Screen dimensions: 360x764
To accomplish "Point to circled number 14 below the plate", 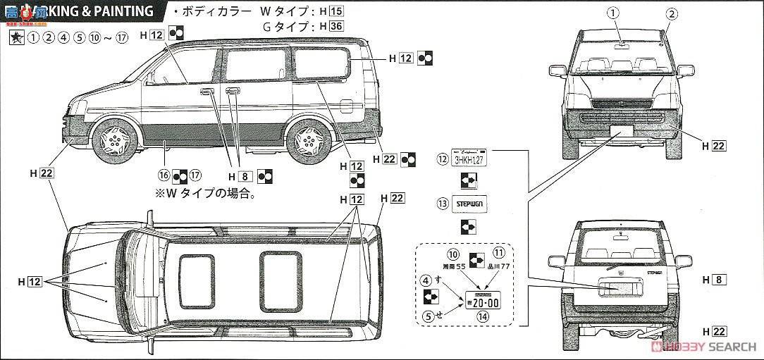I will pyautogui.click(x=482, y=317).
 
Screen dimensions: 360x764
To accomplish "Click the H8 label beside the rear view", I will pyautogui.click(x=720, y=280).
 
